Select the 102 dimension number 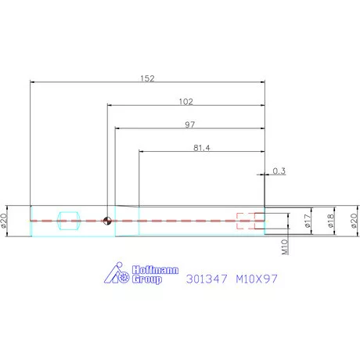point(186,101)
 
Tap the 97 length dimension point(190,124)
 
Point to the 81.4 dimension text point(200,148)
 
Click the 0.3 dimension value point(279,170)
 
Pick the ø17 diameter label point(308,221)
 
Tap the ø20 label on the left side point(7,221)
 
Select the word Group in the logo point(146,279)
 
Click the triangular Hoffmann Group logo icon point(116,274)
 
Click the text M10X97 point(257,277)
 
